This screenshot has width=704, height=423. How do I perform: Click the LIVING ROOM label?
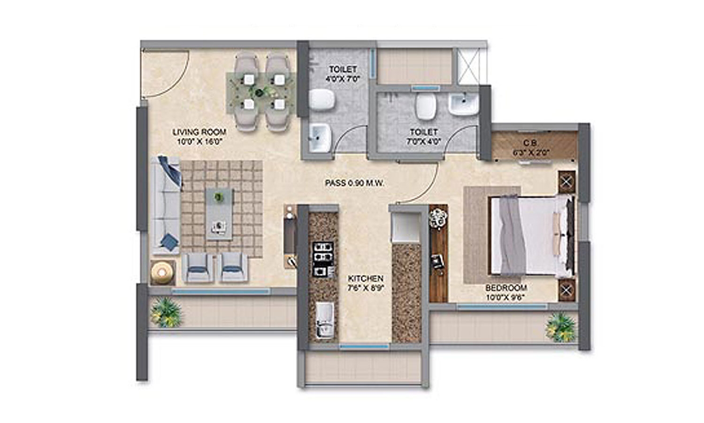199,136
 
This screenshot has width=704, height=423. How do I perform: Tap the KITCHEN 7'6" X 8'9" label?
366,283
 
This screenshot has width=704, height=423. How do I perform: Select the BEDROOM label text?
506,288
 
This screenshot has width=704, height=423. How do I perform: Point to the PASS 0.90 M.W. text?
354,183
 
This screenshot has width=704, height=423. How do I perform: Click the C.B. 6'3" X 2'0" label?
533,147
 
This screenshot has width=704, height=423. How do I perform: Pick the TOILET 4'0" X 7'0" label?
343,74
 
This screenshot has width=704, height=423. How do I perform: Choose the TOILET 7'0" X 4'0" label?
424,136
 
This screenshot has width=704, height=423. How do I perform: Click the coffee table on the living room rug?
220,214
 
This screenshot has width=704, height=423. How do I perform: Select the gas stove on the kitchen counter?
323,258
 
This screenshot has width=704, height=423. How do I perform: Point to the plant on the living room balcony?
166,312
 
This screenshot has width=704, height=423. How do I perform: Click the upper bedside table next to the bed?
566,181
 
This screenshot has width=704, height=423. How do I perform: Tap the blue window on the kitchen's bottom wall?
364,347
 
